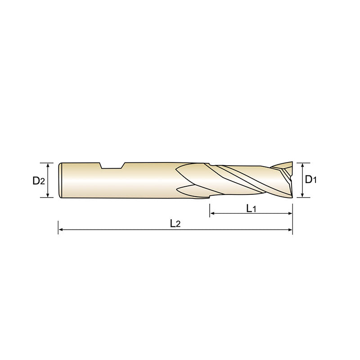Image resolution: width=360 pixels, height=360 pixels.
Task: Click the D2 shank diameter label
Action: click(39, 181)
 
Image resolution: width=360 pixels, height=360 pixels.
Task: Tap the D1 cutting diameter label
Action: click(311, 180)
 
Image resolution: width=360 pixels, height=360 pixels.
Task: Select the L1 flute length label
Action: click(251, 208)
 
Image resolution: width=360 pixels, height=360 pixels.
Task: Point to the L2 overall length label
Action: click(175, 223)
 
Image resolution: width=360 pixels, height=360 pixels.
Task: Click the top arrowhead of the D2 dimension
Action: click(47, 164)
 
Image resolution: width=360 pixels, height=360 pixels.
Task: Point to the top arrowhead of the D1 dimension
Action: click(303, 164)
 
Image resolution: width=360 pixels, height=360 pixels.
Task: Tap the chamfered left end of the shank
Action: click(61, 180)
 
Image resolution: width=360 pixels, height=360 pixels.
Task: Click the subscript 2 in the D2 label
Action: click(42, 182)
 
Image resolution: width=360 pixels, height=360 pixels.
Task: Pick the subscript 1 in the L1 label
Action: click(254, 209)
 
